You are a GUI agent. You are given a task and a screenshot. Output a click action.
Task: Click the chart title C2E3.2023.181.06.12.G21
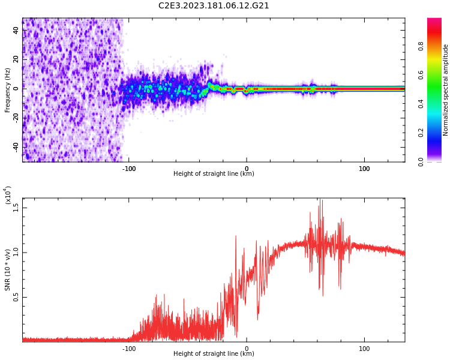click(x=214, y=6)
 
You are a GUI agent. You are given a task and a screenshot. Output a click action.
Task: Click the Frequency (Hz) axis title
click(x=7, y=90)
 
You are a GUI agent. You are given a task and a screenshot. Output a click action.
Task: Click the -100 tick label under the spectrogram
click(x=128, y=168)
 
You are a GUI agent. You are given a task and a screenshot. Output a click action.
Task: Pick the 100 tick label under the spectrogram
click(x=364, y=168)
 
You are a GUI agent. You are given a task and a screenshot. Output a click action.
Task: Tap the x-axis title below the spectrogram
click(x=214, y=174)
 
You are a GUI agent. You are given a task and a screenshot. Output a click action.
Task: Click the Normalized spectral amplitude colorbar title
click(x=446, y=90)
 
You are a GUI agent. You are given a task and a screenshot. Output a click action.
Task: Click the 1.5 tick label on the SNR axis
click(x=16, y=208)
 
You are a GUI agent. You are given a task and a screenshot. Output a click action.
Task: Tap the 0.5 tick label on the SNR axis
click(x=16, y=297)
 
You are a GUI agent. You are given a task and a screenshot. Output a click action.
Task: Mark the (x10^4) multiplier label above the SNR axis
click(x=8, y=196)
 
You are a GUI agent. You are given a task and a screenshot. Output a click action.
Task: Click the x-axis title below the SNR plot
click(x=214, y=354)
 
